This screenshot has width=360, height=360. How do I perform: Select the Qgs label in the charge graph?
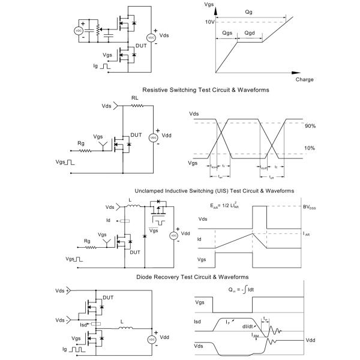227,34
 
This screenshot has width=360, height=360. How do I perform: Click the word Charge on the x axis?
304,79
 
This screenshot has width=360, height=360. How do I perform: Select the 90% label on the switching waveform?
310,126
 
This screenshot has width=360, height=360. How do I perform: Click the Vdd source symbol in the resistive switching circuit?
153,137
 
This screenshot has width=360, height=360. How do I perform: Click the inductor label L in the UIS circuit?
130,200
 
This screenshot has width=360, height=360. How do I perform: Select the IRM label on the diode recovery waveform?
256,336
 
